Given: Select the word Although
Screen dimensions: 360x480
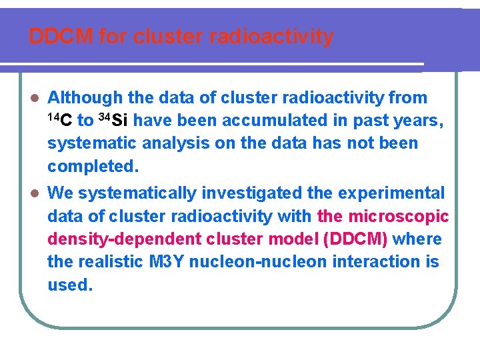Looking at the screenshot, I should point(85,97).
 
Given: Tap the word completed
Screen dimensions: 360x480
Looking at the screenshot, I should point(93,166).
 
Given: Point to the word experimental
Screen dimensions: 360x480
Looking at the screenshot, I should point(391,193).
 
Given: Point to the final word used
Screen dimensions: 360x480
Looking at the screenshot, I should point(69,285).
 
